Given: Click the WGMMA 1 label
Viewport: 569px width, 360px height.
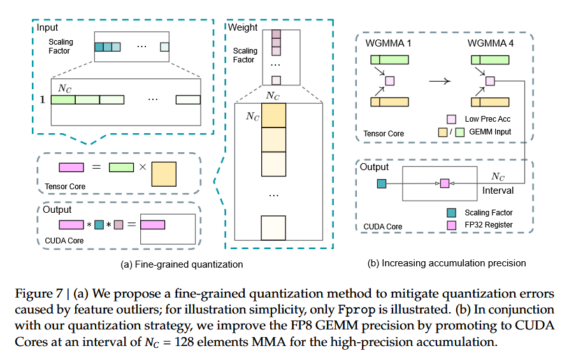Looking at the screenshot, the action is coord(388,43).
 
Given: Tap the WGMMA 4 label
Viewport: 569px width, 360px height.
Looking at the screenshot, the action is coord(490,43).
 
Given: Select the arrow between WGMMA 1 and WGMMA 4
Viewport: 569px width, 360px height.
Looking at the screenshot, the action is coord(440,81).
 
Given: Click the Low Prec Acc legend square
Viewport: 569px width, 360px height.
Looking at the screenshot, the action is coord(451,119).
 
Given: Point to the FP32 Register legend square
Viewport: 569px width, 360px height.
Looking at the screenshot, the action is coord(451,225).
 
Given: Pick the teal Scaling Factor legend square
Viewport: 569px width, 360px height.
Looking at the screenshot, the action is coord(451,213).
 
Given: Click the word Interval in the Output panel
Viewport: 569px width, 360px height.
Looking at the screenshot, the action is coord(498,191).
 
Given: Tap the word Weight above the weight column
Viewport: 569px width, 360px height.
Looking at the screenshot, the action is coord(243,27).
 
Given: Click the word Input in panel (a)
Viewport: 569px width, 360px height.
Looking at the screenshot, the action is coord(47,27).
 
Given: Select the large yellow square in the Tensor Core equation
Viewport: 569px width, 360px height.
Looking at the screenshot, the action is coord(164,174).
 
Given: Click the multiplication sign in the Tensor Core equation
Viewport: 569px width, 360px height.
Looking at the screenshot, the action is coord(143,167).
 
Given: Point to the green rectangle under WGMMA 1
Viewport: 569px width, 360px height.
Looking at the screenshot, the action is coord(390,59).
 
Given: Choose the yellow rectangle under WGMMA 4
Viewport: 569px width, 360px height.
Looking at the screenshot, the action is coord(490,102).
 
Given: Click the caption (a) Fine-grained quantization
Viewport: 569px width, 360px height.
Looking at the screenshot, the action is coord(182,264).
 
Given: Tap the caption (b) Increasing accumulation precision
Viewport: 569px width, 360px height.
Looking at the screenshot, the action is coord(447,263).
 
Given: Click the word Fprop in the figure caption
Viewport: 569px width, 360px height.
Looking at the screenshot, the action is coord(357,310).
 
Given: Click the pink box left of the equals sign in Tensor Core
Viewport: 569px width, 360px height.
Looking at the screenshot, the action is coord(71,167).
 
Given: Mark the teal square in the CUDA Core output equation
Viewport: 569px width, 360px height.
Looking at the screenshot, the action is coord(99,225).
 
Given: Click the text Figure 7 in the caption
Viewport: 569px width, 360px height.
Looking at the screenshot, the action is coord(39,294).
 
